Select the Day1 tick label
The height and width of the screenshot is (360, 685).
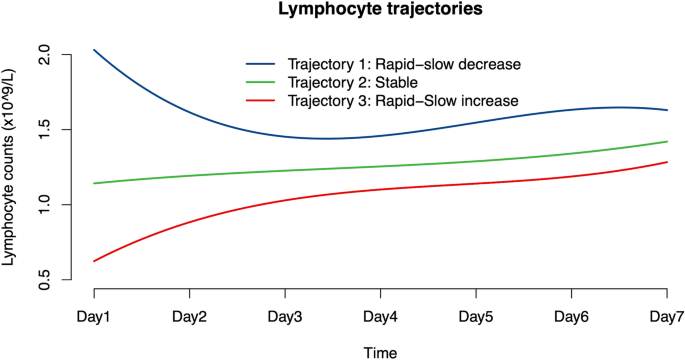coord(94,317)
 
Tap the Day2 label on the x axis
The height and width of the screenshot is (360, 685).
coord(189,317)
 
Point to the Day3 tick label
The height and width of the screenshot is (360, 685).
coord(285,317)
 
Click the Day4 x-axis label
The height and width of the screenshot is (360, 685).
coord(380,317)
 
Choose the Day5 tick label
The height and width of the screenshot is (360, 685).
coord(476,317)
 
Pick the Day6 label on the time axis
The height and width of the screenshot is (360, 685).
coord(571,317)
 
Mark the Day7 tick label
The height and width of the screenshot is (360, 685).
coord(666,317)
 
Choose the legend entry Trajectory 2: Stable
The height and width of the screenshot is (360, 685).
coord(356,82)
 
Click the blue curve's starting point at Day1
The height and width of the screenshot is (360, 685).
coord(95,50)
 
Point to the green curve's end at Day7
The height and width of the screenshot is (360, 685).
coord(666,141)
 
